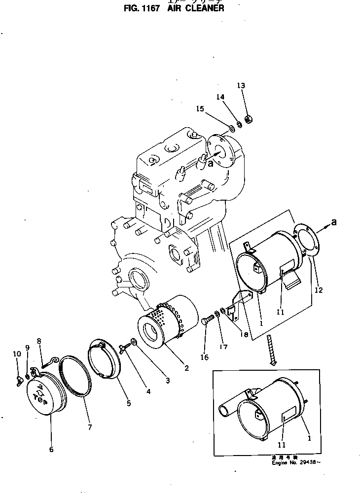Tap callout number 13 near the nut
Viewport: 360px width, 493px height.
tap(241, 86)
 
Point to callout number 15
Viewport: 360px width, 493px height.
tap(200, 109)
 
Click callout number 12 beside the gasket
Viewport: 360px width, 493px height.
tap(318, 290)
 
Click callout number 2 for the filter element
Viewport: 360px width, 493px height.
tap(186, 367)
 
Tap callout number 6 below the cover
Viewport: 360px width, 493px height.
tap(51, 449)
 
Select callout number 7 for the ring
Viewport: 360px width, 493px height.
tap(90, 427)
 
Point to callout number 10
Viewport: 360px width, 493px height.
tap(16, 354)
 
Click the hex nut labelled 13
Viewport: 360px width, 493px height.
tap(249, 119)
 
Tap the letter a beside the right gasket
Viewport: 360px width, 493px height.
tap(334, 222)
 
